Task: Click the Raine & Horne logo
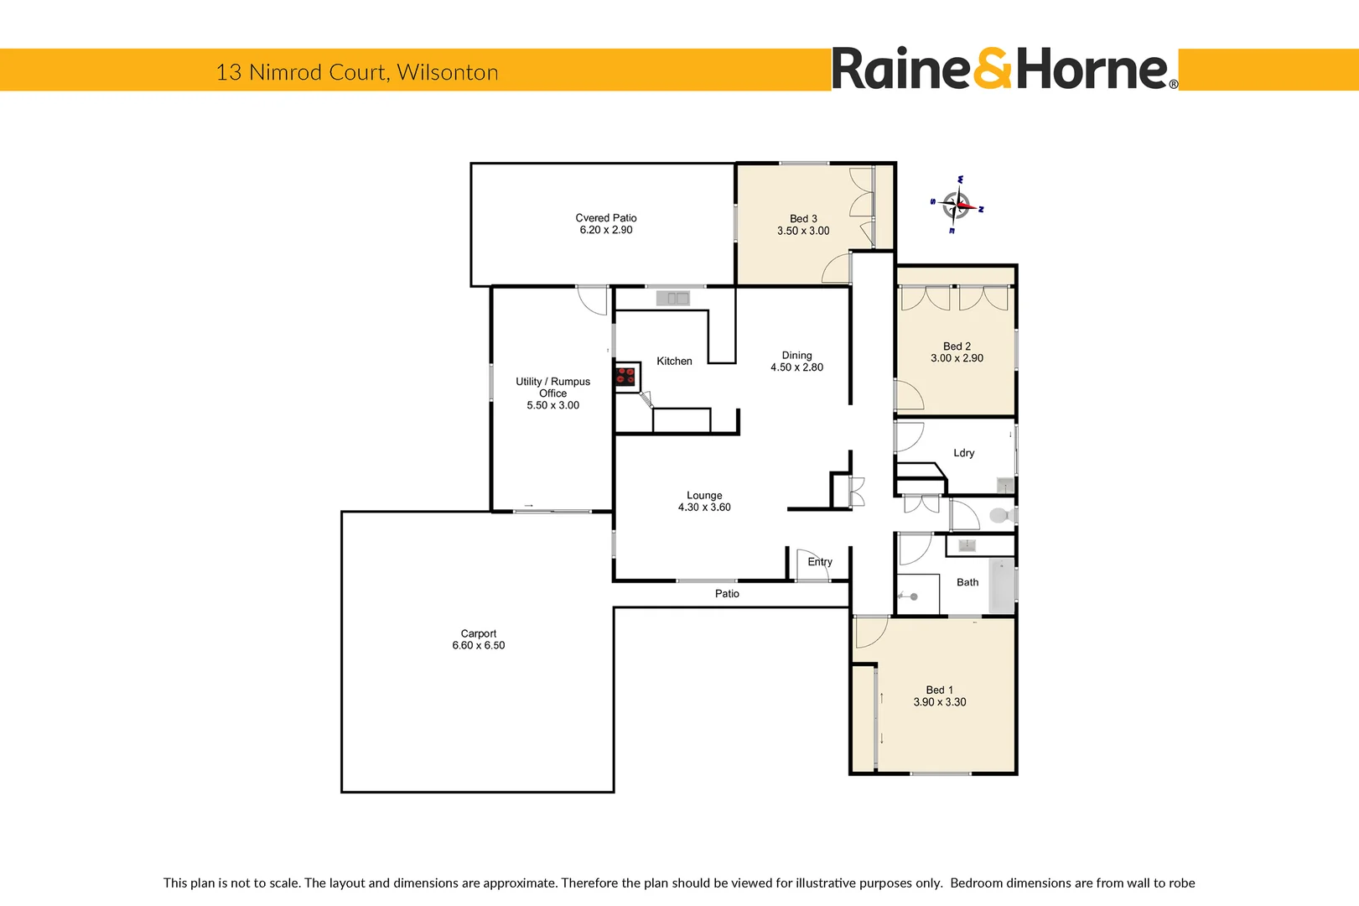pos(1004,70)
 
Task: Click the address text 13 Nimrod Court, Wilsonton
pos(357,72)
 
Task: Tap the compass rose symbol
pos(957,205)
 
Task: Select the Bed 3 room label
pos(803,219)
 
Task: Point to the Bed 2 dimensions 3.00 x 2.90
pos(957,358)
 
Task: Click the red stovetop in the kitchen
pos(625,376)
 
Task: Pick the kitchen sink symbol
pos(672,298)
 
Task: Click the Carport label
pos(478,633)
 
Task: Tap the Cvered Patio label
pos(605,218)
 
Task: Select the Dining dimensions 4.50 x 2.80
pos(796,367)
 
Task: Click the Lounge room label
pos(704,496)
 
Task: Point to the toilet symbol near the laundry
pos(999,515)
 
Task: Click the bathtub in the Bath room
pos(1002,586)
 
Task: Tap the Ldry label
pos(964,453)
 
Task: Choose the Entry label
pos(820,562)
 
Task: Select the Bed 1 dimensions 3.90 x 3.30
pos(940,702)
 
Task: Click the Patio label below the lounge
pos(727,594)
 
